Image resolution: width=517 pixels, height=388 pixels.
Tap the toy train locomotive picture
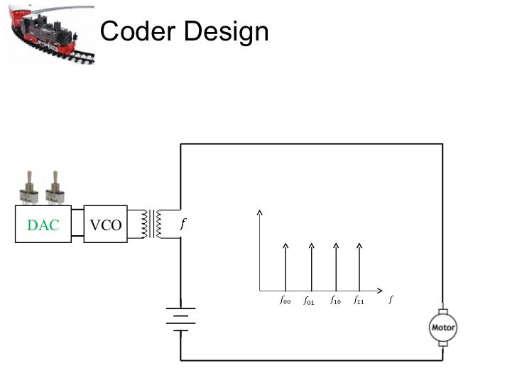click(x=49, y=33)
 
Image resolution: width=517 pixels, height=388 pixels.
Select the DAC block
click(x=43, y=225)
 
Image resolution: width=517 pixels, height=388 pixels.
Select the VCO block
click(x=106, y=225)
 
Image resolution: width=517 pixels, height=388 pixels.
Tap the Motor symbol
click(x=443, y=328)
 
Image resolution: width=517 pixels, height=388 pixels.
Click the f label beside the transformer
click(x=183, y=224)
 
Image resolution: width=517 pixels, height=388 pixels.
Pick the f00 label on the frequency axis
click(x=285, y=301)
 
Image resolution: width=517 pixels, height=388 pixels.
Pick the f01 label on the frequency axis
click(x=309, y=301)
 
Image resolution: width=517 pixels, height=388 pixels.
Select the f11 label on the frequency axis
click(x=359, y=301)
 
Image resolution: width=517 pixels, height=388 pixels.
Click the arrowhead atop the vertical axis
click(x=261, y=212)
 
